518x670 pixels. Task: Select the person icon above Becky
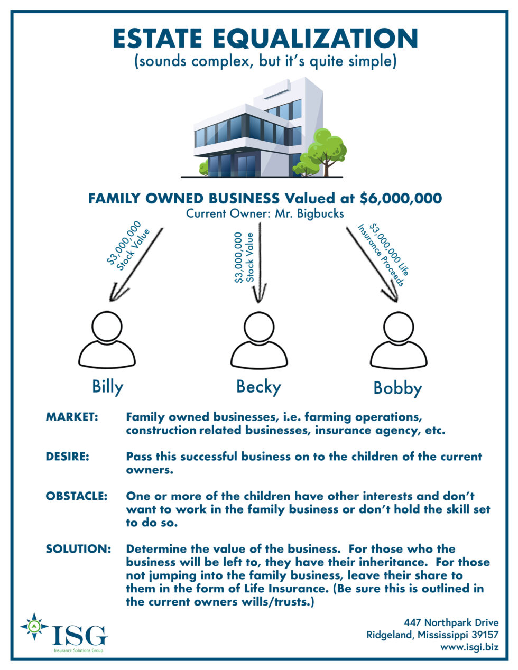tap(258, 340)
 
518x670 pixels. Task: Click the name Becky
tap(258, 387)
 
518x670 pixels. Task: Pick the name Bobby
tap(397, 388)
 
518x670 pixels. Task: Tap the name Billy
tap(107, 387)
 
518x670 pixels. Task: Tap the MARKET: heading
tap(72, 417)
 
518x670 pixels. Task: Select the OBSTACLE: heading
tap(77, 496)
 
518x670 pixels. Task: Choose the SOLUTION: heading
tap(78, 548)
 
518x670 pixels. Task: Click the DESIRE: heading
tap(67, 456)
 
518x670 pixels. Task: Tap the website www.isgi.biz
tap(469, 646)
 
